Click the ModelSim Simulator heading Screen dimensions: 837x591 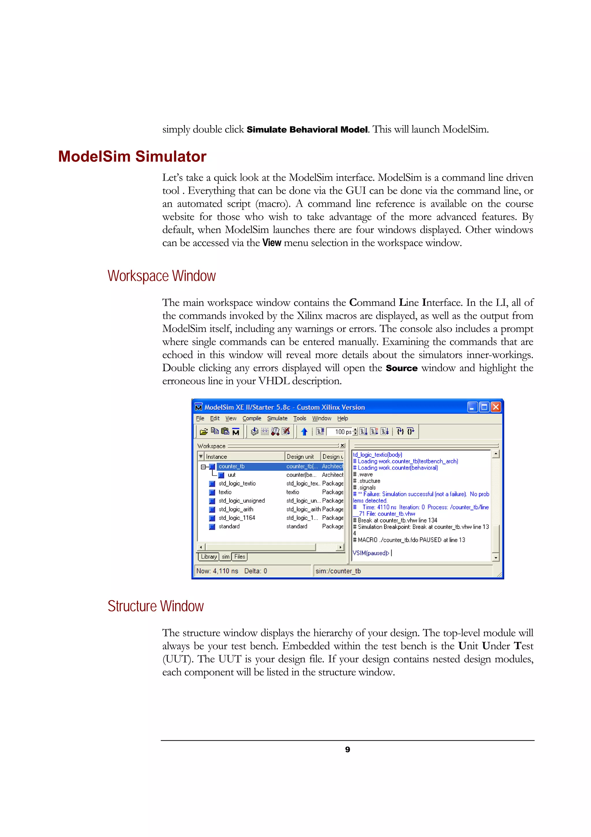[132, 156]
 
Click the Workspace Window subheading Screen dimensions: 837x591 [161, 276]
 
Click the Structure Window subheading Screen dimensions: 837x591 [156, 606]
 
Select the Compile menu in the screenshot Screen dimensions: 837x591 [252, 418]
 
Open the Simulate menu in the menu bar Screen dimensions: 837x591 [277, 418]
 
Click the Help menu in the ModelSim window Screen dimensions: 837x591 [342, 418]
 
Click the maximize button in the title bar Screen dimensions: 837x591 [484, 407]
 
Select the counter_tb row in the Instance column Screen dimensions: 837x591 [232, 466]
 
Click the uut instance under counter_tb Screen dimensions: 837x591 [232, 475]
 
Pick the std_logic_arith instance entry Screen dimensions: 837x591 [235, 509]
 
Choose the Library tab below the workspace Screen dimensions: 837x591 [209, 557]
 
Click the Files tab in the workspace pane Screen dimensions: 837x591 [240, 557]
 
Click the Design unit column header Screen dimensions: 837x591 [300, 456]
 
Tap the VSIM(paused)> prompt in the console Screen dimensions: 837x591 [371, 553]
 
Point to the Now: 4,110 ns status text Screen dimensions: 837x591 [217, 571]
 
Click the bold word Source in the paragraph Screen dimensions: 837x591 [401, 368]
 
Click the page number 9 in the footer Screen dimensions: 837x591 [347, 749]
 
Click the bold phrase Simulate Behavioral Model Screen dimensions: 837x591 [307, 130]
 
